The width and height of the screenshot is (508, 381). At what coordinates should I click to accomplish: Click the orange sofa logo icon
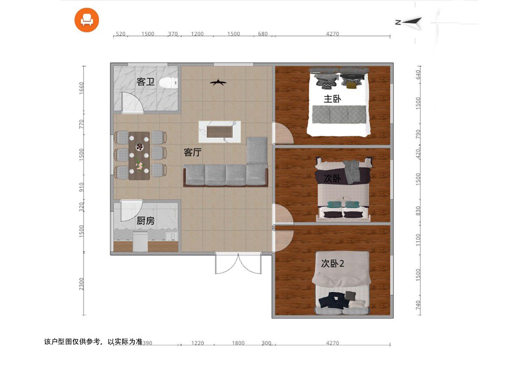87,19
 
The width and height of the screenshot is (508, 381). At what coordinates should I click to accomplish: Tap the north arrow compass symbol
410,23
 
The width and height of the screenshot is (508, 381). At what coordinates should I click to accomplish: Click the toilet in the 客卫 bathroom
168,83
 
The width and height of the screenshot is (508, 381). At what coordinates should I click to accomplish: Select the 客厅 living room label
193,153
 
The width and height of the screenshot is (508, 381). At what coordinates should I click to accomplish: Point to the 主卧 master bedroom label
332,99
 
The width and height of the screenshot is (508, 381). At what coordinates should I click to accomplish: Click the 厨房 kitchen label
145,221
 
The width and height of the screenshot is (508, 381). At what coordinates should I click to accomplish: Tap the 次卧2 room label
332,264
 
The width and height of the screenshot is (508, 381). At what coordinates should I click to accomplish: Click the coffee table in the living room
220,132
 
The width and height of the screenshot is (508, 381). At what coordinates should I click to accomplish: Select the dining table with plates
139,155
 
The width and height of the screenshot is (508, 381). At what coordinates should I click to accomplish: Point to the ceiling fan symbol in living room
217,82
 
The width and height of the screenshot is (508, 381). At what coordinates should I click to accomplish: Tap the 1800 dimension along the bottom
238,343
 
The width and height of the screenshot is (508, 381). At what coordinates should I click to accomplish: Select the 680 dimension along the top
263,34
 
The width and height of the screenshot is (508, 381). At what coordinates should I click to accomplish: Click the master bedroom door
282,133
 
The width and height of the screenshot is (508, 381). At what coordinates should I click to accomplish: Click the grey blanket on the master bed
340,113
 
